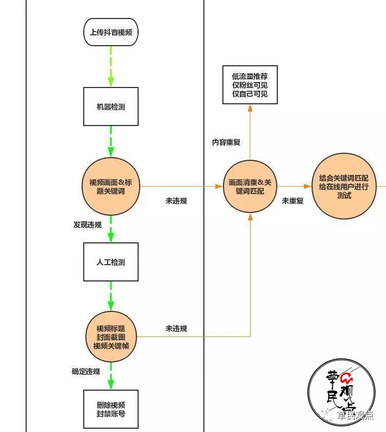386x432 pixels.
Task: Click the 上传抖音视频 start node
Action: tap(111, 32)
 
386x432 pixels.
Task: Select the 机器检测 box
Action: tap(111, 107)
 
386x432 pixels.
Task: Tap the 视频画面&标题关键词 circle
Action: tap(111, 186)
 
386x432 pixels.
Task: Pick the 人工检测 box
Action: tap(111, 262)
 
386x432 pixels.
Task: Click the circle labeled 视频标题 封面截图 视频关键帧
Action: tap(111, 337)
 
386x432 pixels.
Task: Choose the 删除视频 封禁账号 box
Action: tap(111, 409)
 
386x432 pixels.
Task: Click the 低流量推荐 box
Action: tap(250, 85)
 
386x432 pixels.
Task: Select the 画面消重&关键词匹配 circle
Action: tap(250, 186)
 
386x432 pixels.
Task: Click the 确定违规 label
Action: tap(86, 372)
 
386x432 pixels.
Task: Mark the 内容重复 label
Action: tap(226, 142)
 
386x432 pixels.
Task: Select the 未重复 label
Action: tap(292, 201)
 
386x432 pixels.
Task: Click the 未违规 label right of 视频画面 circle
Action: tap(176, 201)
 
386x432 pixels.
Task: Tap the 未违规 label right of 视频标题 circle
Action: tap(176, 328)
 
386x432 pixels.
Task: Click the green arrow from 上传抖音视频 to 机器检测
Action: tap(111, 66)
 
